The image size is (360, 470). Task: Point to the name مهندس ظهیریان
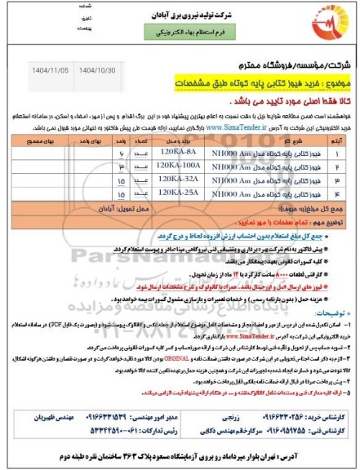tap(42, 414)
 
